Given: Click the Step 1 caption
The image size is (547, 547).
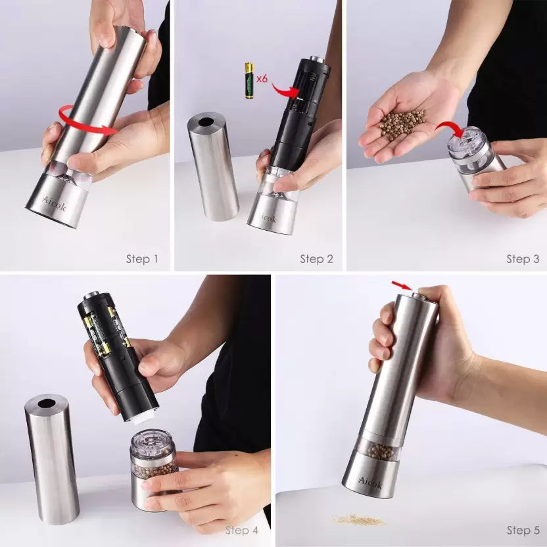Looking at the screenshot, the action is click(142, 259).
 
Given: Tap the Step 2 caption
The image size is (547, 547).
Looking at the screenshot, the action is click(316, 259).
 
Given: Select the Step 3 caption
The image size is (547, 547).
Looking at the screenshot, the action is click(523, 259).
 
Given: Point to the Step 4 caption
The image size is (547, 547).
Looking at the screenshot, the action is click(242, 531).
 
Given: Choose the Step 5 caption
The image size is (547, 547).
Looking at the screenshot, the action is click(523, 531).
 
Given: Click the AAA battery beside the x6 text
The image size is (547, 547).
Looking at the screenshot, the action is click(249, 80).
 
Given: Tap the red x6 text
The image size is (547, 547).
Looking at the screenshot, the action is click(262, 79).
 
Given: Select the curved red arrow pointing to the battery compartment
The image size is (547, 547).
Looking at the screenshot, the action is click(283, 91).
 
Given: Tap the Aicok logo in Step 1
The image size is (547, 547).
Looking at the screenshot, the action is click(54, 204).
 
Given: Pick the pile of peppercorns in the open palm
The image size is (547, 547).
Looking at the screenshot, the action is click(402, 124).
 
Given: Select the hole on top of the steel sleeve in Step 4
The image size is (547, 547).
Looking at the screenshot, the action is click(47, 404).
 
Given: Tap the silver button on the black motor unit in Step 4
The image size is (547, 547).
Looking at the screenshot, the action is click(92, 295).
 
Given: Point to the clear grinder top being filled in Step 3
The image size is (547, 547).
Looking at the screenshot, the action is click(465, 144).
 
